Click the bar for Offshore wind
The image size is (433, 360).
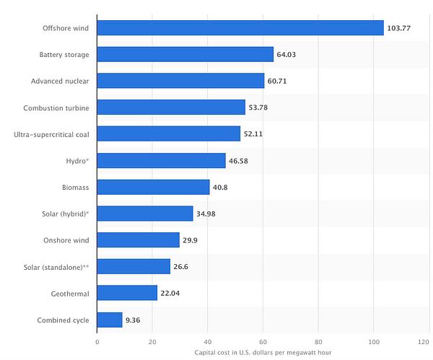(x=240, y=28)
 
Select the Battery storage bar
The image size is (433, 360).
(x=185, y=55)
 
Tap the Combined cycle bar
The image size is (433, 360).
(x=110, y=320)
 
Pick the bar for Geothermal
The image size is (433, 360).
(x=127, y=293)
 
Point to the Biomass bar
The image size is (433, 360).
(x=153, y=187)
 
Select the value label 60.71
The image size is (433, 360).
(x=279, y=81)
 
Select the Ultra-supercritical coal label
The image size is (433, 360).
(x=52, y=134)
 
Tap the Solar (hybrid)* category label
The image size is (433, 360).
(x=65, y=214)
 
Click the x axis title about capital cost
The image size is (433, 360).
(x=263, y=353)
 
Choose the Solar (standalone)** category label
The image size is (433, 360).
(x=57, y=267)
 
